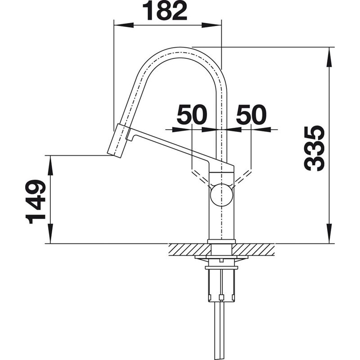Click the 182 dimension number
coord(165,11)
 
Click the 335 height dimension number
coord(314,148)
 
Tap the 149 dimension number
coord(36,202)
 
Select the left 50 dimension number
coord(192,114)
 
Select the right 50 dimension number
coord(252,114)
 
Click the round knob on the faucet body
coord(221,195)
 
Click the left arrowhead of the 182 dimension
coord(124,25)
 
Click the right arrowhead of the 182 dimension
coord(211,25)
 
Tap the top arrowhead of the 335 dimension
coord(329,58)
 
